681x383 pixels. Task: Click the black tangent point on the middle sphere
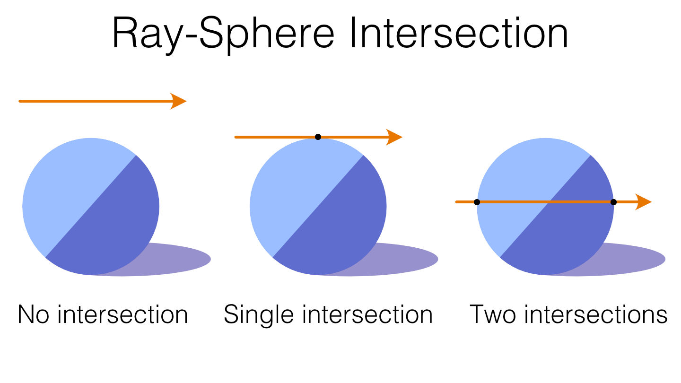(318, 137)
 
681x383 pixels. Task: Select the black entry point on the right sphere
(477, 202)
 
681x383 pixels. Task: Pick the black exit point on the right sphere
(613, 202)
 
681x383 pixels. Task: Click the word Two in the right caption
(492, 314)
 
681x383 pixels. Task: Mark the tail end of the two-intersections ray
(457, 202)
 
